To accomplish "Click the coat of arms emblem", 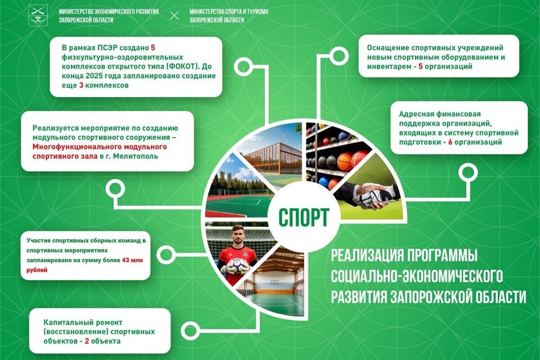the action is click(x=38, y=15).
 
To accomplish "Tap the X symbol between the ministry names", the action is click(x=174, y=15).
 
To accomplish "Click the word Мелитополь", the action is click(x=135, y=156).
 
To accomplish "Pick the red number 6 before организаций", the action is click(x=450, y=142).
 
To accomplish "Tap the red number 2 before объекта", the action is click(x=87, y=341).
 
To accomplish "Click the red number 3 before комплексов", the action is click(x=81, y=85).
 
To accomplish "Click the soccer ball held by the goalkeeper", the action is click(x=238, y=265).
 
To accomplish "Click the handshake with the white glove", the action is click(x=369, y=197).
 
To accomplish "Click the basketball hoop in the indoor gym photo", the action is click(x=274, y=282).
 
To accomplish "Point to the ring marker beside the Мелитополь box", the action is click(x=115, y=189).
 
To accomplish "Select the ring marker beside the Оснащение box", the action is click(x=339, y=56).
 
